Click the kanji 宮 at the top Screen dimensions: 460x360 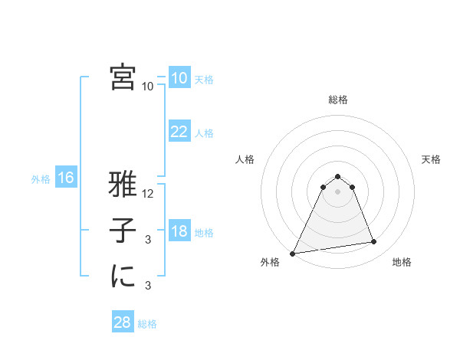(123, 77)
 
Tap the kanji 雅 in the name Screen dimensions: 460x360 (123, 185)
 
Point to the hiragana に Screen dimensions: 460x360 (123, 277)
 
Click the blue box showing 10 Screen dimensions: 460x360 (179, 77)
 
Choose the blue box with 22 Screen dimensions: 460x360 (179, 132)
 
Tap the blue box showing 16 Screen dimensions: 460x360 (66, 178)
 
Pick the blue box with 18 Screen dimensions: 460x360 (179, 231)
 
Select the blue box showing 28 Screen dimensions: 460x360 (123, 322)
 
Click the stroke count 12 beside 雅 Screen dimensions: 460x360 (149, 194)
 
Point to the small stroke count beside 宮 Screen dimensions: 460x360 (148, 87)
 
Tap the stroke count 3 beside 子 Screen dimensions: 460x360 (148, 240)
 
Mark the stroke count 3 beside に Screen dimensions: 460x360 (148, 286)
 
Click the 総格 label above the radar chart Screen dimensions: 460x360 (338, 100)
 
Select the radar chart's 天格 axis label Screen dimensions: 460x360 (432, 159)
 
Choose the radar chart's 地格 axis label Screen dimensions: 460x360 (402, 262)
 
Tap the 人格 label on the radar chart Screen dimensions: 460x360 (245, 159)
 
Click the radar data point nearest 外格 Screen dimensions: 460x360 (292, 253)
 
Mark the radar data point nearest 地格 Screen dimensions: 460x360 (374, 242)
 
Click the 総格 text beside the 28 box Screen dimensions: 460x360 (147, 324)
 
